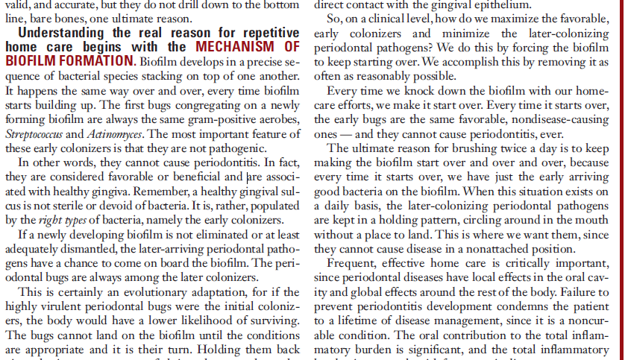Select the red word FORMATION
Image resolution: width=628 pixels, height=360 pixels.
point(87,60)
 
